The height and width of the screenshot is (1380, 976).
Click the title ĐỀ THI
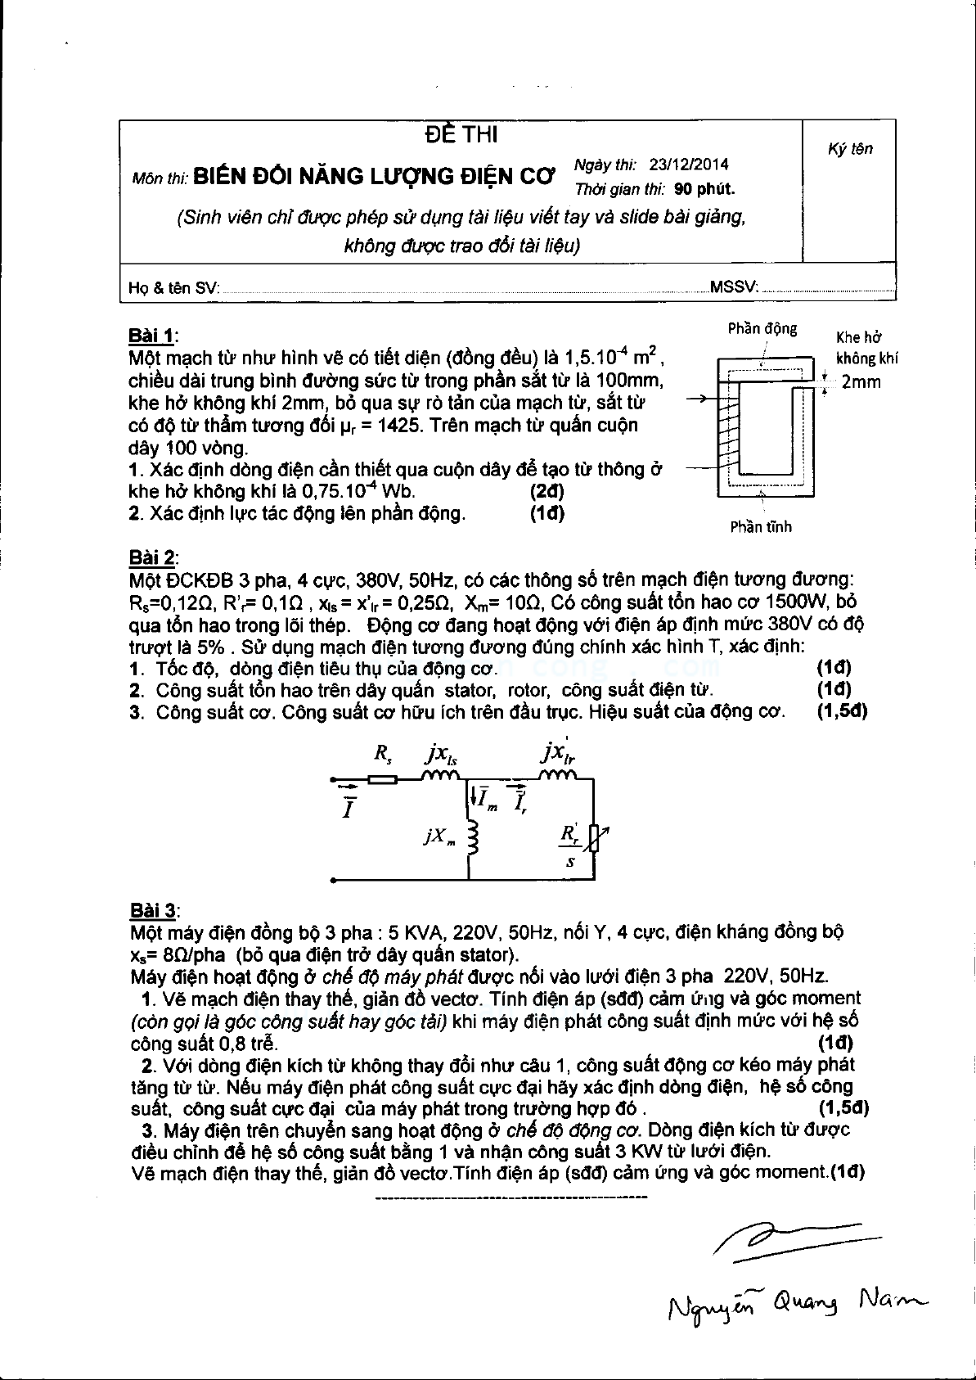coord(461,134)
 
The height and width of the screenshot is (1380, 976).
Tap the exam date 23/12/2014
coord(688,165)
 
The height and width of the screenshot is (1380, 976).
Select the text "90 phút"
coord(704,189)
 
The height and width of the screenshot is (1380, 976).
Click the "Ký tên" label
coord(850,149)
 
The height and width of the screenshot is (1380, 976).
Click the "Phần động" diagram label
coord(762,329)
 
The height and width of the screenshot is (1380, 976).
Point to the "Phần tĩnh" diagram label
coord(761,527)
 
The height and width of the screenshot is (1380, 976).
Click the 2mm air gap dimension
coord(861,382)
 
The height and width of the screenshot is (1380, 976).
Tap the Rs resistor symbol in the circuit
coord(382,779)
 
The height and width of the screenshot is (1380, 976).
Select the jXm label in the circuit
coord(439,837)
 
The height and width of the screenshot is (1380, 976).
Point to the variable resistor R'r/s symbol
coord(594,838)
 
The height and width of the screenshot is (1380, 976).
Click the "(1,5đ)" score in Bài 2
coord(842,711)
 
